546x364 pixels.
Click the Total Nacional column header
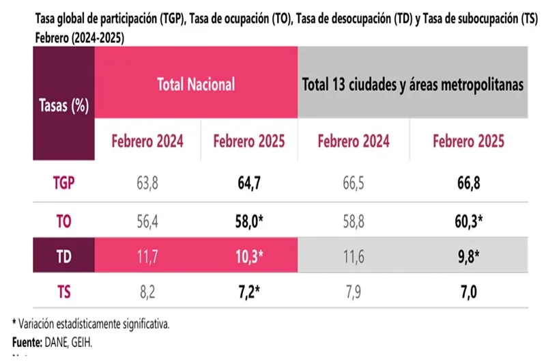pos(196,84)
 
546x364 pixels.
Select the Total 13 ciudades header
pos(413,85)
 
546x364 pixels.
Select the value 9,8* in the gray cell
pos(470,256)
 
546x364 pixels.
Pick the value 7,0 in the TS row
pos(468,293)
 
